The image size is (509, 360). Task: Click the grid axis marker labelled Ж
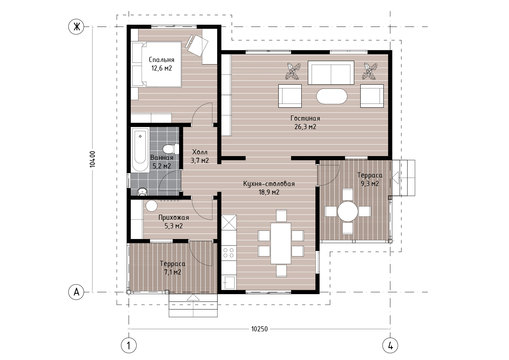point(76,27)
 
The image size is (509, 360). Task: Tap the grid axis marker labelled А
point(76,292)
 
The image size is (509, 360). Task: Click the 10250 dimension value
point(259,329)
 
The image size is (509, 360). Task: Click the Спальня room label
point(162,60)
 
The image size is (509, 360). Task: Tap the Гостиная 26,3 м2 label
point(305,122)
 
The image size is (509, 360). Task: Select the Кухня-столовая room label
point(269,184)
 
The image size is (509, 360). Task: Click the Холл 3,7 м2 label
point(200,156)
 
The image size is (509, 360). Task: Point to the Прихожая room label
point(174,218)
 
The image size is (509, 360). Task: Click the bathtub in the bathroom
point(140,150)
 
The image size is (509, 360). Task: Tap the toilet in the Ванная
point(171,149)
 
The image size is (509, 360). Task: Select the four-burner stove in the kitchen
point(229,253)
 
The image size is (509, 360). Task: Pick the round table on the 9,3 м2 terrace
point(347,212)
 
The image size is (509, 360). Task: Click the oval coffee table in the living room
point(332,96)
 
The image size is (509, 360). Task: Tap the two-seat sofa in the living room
point(331,72)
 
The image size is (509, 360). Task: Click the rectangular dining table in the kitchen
point(281,243)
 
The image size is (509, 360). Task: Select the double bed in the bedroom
point(156,64)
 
